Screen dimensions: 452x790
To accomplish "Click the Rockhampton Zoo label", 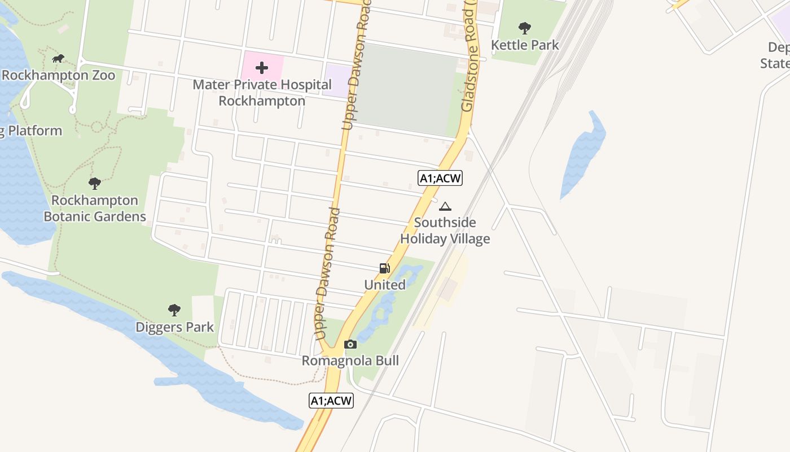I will [58, 75].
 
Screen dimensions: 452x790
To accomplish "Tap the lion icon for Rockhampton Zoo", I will [58, 58].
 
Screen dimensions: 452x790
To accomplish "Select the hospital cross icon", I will [262, 68].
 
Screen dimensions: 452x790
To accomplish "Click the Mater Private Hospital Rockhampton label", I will [262, 93].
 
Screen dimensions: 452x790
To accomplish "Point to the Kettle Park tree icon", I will [525, 28].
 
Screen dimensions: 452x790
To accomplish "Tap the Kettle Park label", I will [525, 45].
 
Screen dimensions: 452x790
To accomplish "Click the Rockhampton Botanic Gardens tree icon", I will [95, 183].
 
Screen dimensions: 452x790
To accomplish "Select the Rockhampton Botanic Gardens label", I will [95, 208].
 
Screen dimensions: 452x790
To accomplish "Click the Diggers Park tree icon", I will [174, 310].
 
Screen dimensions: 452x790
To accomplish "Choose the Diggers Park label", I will [174, 327].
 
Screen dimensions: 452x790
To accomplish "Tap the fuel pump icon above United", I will [385, 268].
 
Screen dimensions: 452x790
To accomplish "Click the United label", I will [385, 285].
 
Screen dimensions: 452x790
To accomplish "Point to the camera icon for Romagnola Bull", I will [350, 344].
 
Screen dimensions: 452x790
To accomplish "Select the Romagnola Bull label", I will [350, 360].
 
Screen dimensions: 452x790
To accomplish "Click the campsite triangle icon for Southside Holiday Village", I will [445, 206].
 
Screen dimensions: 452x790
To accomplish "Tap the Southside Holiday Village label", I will [445, 231].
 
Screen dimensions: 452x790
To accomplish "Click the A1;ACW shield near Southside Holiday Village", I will [440, 179].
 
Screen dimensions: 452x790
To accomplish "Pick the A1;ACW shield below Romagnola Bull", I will [331, 401].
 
